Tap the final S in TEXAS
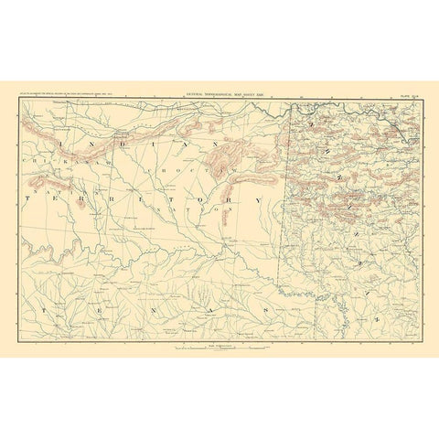click(266, 310)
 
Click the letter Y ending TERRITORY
click(257, 199)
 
